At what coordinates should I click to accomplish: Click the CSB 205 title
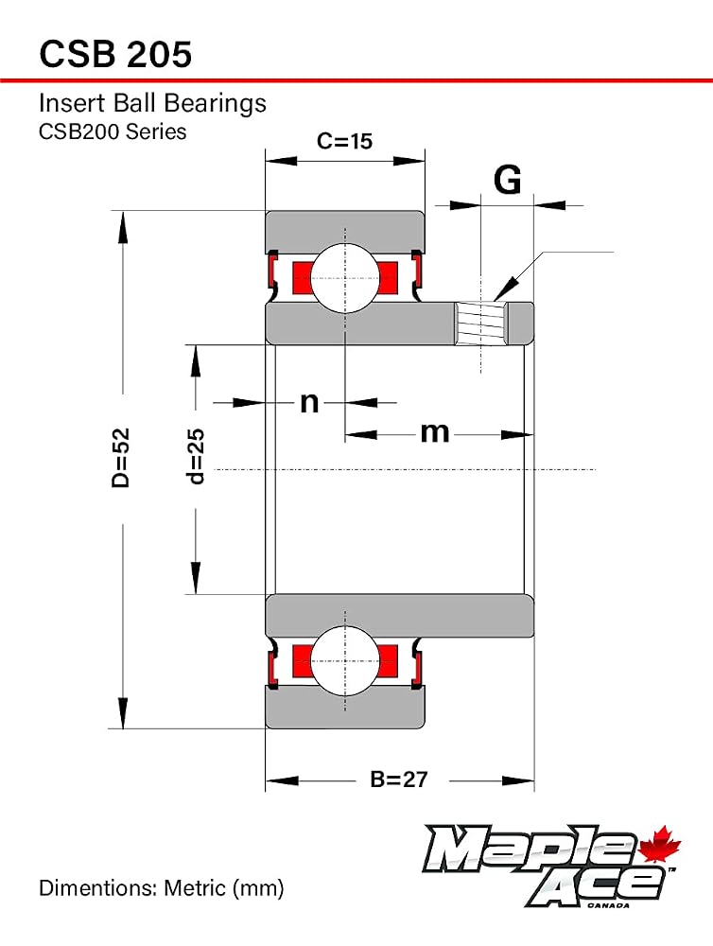[x=115, y=54]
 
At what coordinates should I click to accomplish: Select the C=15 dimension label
[x=344, y=141]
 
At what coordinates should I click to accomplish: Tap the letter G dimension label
[x=507, y=179]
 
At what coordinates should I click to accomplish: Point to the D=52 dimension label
[x=121, y=457]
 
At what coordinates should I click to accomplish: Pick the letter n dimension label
[x=309, y=402]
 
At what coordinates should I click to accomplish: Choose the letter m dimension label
[x=435, y=432]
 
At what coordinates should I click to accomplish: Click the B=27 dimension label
[x=399, y=780]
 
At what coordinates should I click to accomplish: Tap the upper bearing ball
[x=345, y=278]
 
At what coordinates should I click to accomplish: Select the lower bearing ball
[x=345, y=660]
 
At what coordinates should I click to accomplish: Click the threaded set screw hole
[x=480, y=324]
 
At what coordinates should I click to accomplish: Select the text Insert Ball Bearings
[x=152, y=103]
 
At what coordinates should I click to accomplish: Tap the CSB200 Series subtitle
[x=113, y=131]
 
